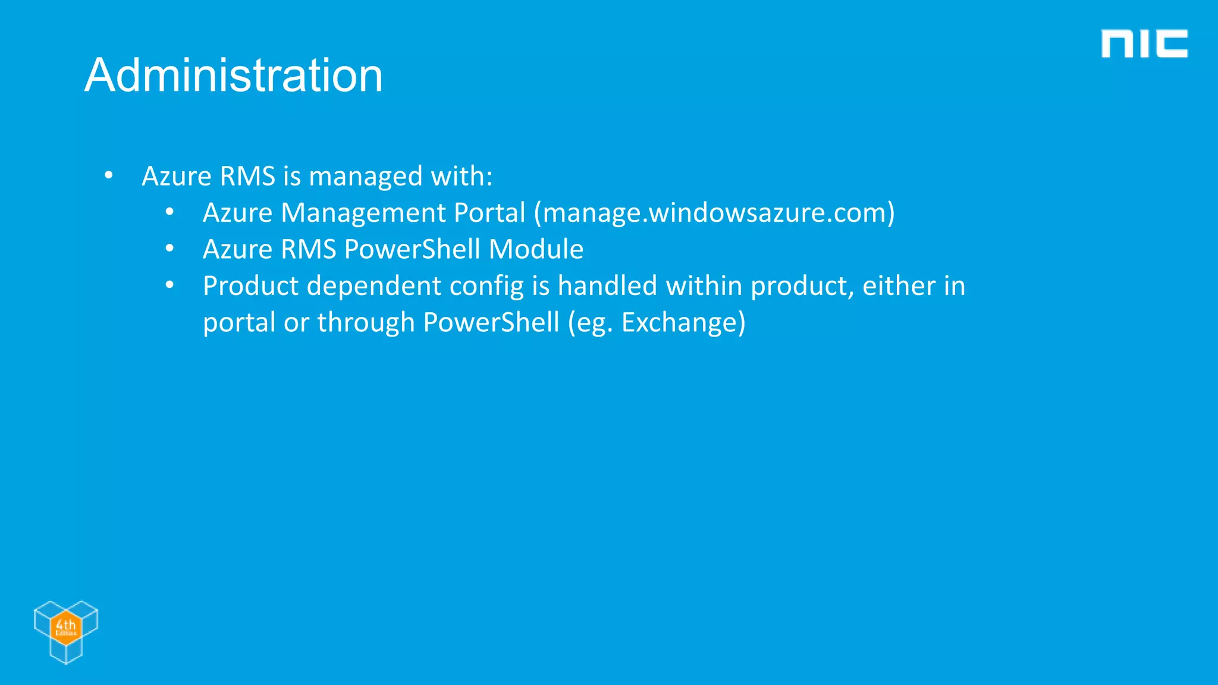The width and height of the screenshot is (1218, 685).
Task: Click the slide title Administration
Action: (233, 76)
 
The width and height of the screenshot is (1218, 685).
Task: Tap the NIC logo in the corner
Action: (1144, 44)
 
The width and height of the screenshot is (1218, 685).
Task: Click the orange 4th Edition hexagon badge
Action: (65, 626)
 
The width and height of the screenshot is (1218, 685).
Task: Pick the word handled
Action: (607, 286)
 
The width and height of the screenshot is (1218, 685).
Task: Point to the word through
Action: (366, 322)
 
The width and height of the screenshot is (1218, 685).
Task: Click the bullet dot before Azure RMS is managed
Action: (108, 175)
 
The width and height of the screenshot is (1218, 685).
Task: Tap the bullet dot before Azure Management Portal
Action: (169, 212)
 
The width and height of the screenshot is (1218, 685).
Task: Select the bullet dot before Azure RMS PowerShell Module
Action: (169, 249)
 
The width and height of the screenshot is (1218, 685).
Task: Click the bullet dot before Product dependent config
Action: (169, 285)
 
